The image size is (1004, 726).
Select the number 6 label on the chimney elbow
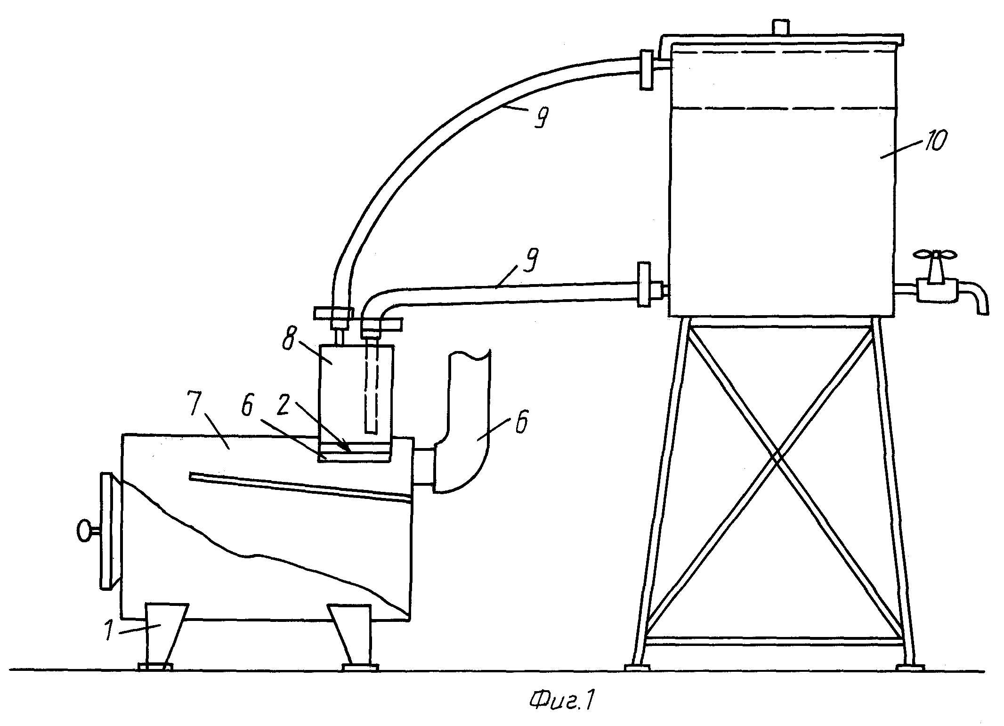pos(521,423)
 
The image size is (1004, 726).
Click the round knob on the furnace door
pos(85,531)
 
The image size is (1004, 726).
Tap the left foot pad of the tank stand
pos(637,667)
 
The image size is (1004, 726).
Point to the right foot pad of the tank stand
pos(910,667)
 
